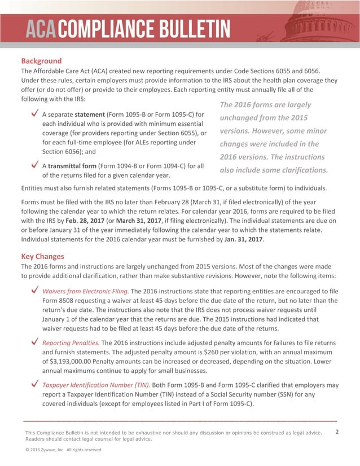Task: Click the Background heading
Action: click(41, 60)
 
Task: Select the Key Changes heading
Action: click(42, 256)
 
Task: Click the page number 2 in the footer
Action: click(336, 432)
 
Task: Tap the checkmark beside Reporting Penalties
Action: click(35, 342)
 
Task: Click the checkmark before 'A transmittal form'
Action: click(35, 166)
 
